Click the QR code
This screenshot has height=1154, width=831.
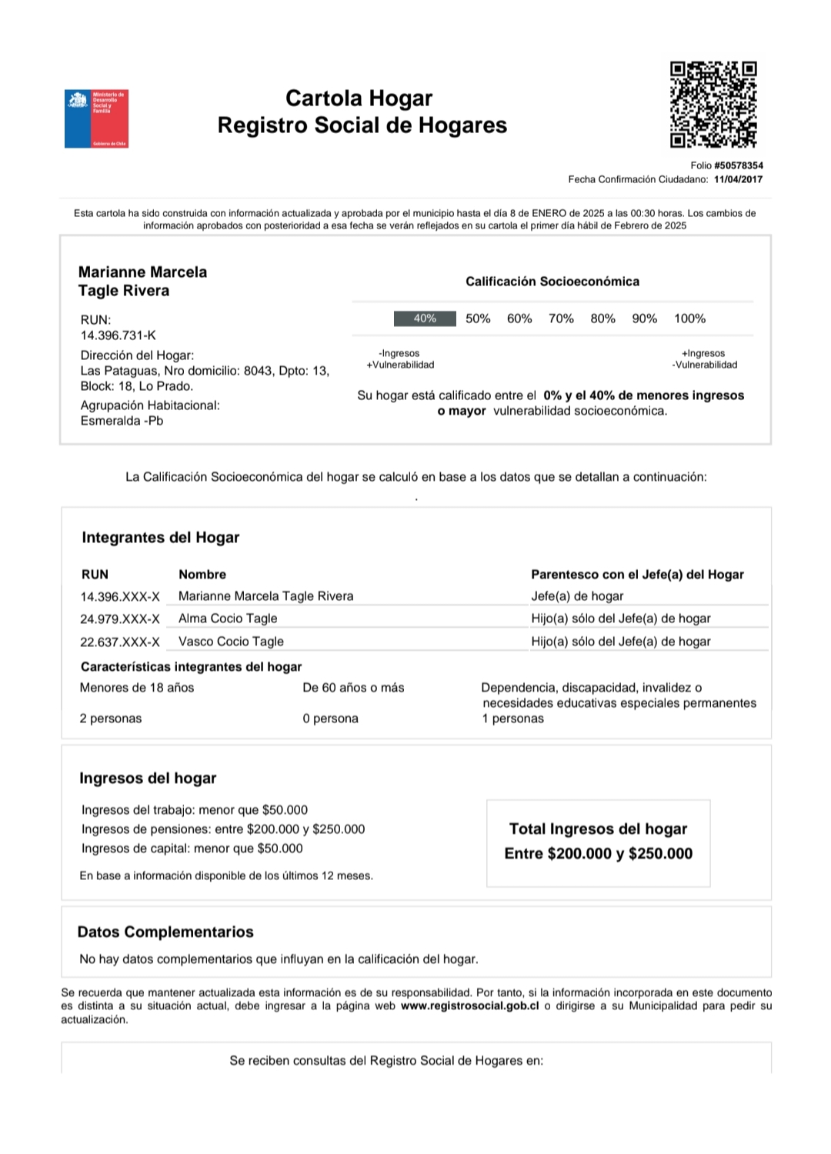(x=713, y=105)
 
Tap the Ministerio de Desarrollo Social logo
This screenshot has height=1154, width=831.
(x=96, y=118)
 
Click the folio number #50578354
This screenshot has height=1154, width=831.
(x=738, y=165)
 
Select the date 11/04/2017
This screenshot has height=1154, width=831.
(x=738, y=179)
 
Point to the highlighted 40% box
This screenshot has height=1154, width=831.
(x=425, y=319)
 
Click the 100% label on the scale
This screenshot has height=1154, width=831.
(x=689, y=319)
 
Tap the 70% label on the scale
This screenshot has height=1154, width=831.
(x=561, y=319)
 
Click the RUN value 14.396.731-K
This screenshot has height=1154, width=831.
(x=118, y=335)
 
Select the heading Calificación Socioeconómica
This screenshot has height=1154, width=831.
(x=552, y=282)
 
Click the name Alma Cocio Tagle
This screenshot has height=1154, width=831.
(x=228, y=619)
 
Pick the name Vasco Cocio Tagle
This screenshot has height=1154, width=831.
(x=231, y=642)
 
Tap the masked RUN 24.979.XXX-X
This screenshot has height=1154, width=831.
(x=120, y=619)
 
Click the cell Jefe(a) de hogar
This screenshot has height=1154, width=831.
(x=577, y=596)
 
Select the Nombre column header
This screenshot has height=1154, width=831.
(x=202, y=575)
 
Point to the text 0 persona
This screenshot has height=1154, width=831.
(x=330, y=719)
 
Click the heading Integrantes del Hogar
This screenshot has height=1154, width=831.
(x=161, y=538)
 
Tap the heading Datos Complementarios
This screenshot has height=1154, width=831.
(x=165, y=932)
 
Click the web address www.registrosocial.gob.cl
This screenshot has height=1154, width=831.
(x=469, y=1006)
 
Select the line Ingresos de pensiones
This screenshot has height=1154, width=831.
(x=223, y=829)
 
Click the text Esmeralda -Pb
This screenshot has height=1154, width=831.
(x=122, y=421)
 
